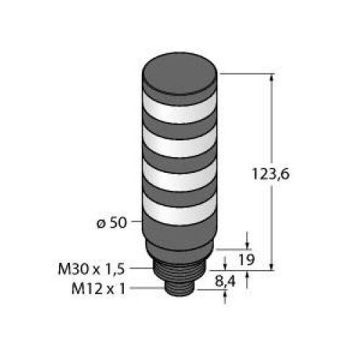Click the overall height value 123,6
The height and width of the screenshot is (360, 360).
tap(294, 174)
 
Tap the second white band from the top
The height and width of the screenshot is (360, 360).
tap(181, 144)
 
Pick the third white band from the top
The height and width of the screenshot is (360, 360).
tap(181, 181)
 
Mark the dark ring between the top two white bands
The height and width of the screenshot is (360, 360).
tap(181, 125)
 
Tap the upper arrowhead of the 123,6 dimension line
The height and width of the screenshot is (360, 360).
tap(272, 78)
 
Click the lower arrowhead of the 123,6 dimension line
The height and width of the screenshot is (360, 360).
tap(272, 266)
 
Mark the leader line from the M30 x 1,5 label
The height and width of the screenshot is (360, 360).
tap(144, 269)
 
